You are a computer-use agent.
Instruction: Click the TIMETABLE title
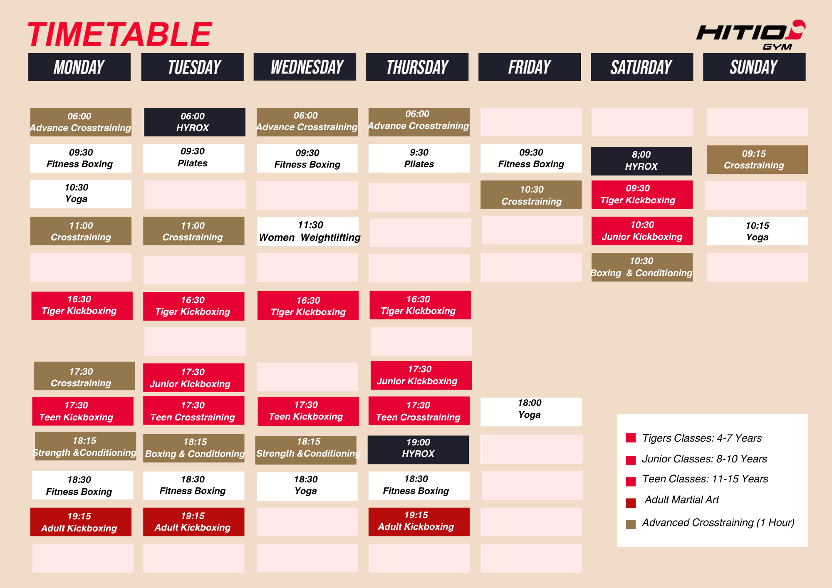click(120, 34)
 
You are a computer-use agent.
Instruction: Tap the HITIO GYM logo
click(750, 35)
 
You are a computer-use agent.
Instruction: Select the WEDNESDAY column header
click(305, 67)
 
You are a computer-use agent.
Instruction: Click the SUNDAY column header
click(754, 67)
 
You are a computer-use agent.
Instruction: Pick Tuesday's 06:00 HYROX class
click(195, 122)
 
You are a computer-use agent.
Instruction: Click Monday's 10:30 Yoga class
click(81, 194)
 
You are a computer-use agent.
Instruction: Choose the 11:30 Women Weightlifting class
click(308, 231)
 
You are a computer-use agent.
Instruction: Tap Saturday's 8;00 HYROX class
click(641, 161)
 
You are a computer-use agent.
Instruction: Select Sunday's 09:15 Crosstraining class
click(757, 159)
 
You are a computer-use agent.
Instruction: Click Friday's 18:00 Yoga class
click(531, 412)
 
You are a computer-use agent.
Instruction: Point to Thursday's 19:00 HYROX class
click(418, 450)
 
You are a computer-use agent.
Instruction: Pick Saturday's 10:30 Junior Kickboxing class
click(642, 231)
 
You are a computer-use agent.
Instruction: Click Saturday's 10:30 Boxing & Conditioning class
click(642, 267)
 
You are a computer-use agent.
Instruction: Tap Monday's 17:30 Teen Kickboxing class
click(83, 411)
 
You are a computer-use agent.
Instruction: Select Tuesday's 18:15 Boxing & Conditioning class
click(194, 448)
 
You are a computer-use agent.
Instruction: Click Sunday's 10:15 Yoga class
click(757, 231)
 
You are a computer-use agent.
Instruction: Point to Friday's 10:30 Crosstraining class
click(531, 195)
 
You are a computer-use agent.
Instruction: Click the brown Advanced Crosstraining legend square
click(631, 524)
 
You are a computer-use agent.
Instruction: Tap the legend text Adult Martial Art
click(681, 500)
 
